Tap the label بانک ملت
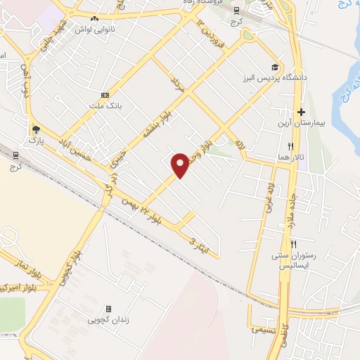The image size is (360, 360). pyautogui.click(x=105, y=107)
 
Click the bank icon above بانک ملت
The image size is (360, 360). pyautogui.click(x=105, y=95)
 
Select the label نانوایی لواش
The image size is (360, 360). pyautogui.click(x=94, y=30)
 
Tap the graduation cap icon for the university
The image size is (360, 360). pyautogui.click(x=283, y=67)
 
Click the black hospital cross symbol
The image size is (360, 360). pyautogui.click(x=301, y=112)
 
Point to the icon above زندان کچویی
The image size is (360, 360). pyautogui.click(x=108, y=309)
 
